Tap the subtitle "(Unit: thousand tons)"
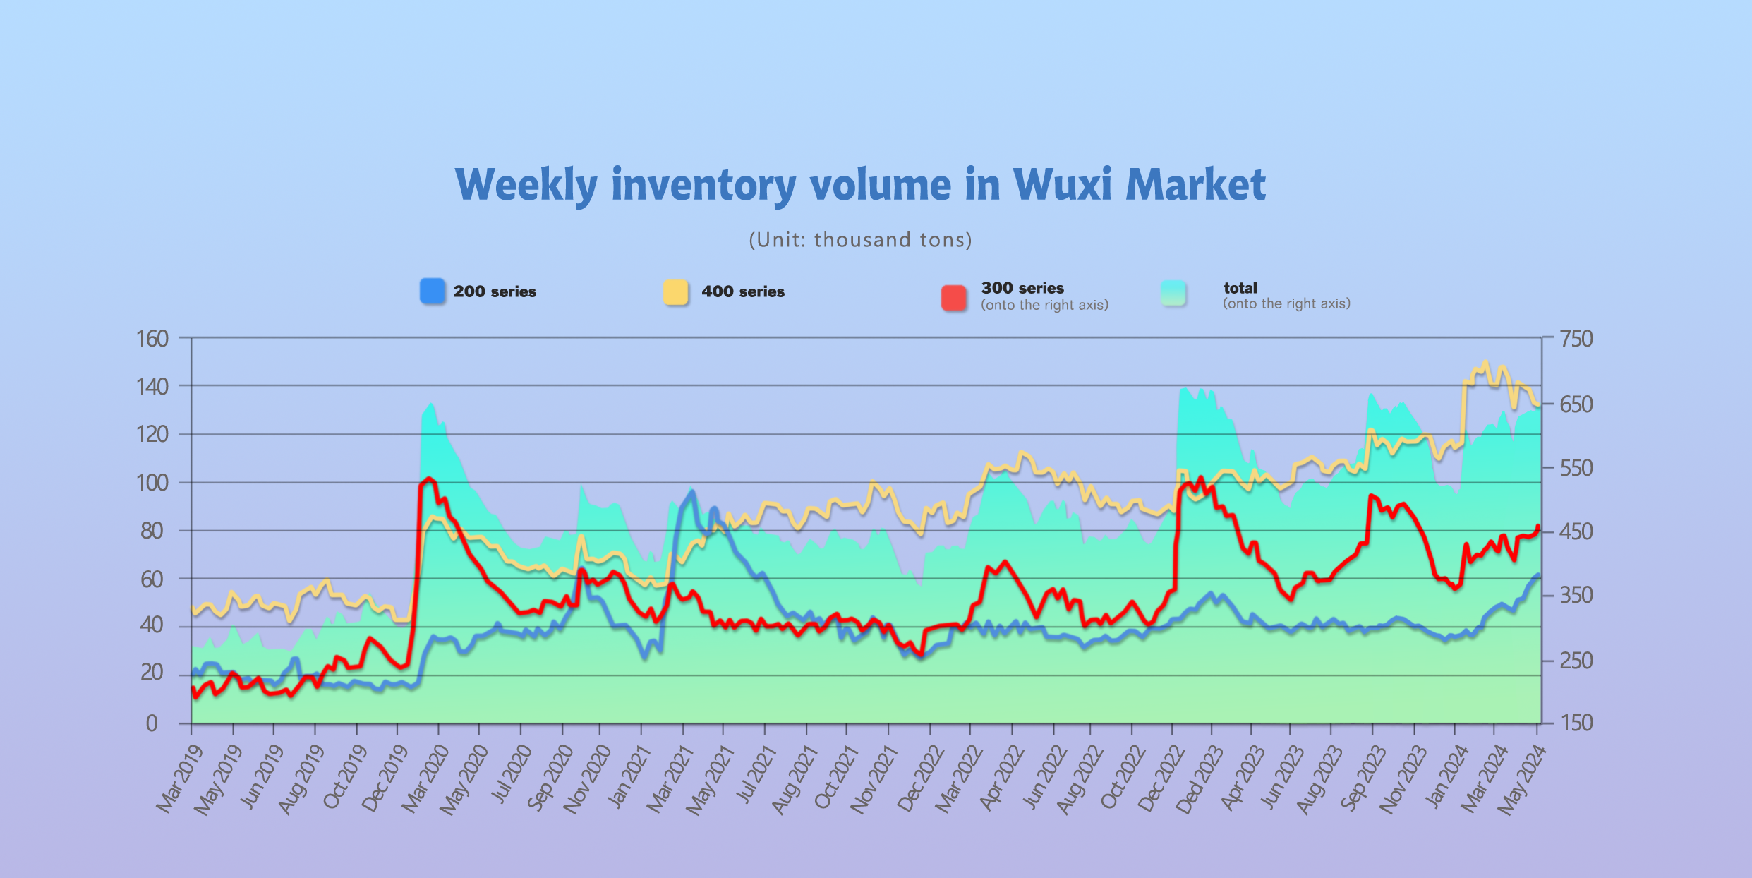pos(860,240)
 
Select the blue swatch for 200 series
pos(433,291)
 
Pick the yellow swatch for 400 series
pos(675,292)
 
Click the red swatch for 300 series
pos(953,298)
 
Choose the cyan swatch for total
pos(1173,294)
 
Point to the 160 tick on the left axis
pos(152,339)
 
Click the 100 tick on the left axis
pos(152,483)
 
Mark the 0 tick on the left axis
pos(152,723)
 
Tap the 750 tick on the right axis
pos(1576,339)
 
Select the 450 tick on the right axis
pos(1576,531)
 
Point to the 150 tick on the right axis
pos(1576,723)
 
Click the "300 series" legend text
pos(1022,288)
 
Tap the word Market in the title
pos(1195,185)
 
